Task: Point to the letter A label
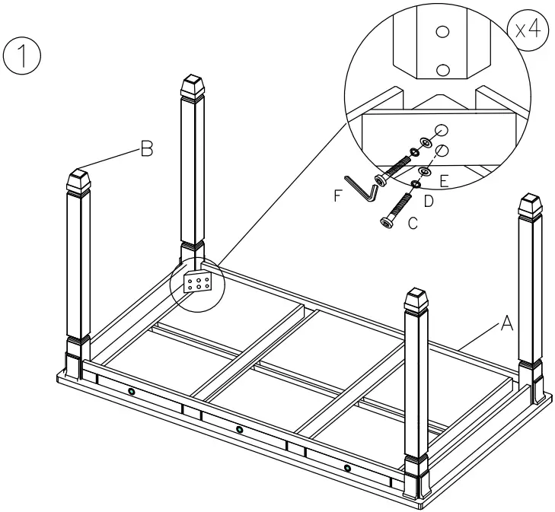[x=506, y=325]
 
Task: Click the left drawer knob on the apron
[x=132, y=391]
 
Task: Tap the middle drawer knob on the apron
[x=240, y=430]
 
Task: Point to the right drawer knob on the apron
[x=348, y=467]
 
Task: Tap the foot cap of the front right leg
[x=418, y=301]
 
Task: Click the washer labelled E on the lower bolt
[x=424, y=172]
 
